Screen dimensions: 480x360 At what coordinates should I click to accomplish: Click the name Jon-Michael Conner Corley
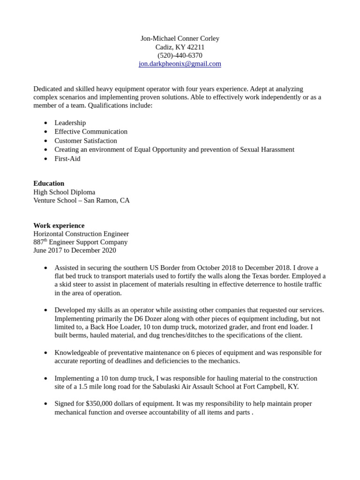(x=180, y=38)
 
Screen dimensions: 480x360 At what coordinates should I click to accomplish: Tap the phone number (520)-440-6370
(x=180, y=55)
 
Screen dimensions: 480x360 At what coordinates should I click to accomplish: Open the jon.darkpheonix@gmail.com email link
(x=180, y=64)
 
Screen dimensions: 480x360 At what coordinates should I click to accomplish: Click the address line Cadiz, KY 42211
(x=180, y=47)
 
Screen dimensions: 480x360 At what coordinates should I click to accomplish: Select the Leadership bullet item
(x=70, y=123)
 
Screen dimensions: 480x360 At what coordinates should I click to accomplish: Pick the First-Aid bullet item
(x=67, y=158)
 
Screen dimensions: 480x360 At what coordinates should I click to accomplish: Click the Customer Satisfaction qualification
(x=85, y=141)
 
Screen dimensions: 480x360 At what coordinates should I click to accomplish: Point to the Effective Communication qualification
(x=90, y=132)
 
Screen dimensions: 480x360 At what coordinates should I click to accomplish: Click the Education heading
(x=49, y=183)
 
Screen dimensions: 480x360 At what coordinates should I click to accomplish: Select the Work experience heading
(x=59, y=225)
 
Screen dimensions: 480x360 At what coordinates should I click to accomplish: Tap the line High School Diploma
(x=64, y=192)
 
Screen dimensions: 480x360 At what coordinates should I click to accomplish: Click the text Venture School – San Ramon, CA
(x=81, y=201)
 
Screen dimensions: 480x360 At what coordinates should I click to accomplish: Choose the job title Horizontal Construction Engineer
(x=81, y=234)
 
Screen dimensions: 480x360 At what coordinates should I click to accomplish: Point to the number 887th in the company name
(x=40, y=242)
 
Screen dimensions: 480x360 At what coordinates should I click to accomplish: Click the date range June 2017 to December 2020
(x=74, y=250)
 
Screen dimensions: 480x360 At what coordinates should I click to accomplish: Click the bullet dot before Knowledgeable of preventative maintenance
(x=45, y=352)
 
